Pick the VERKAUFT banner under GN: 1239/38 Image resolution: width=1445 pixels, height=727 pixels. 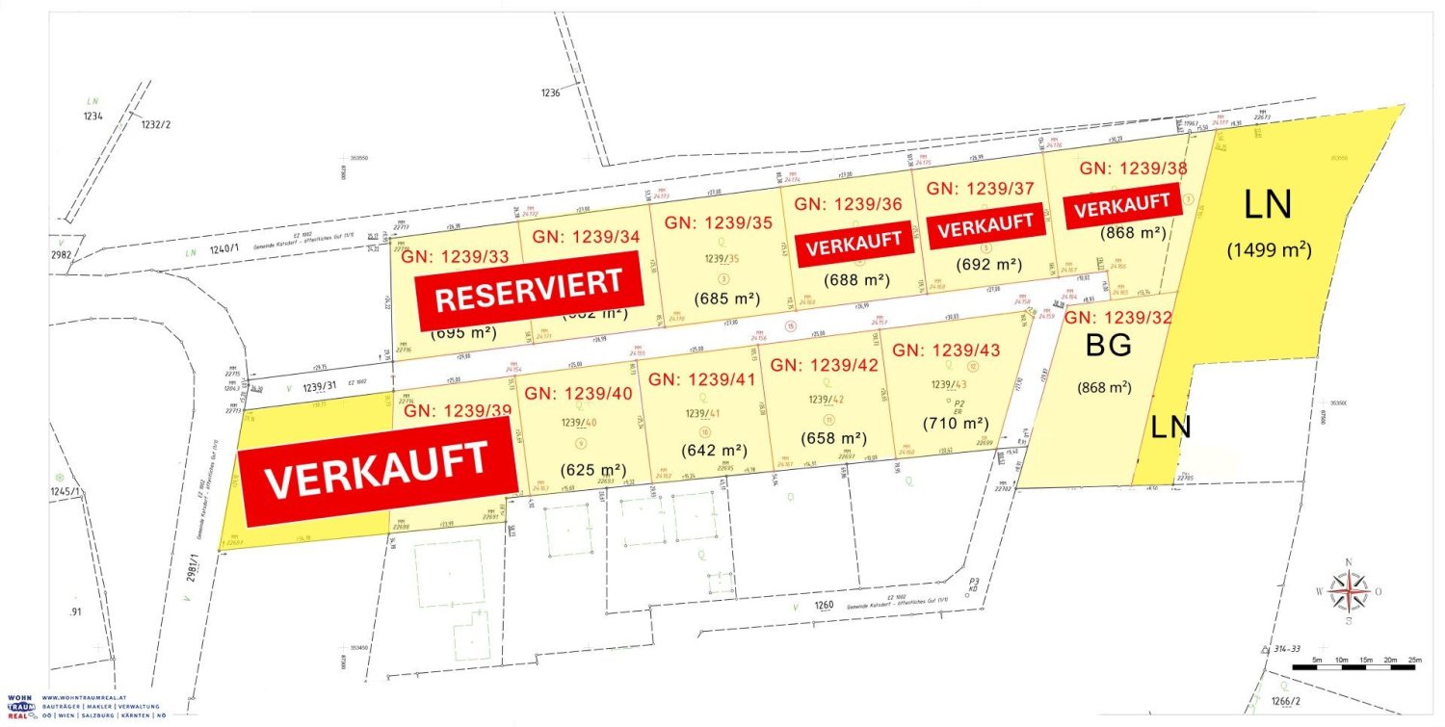pyautogui.click(x=1123, y=207)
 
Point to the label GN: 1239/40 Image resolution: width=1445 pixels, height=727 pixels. pyautogui.click(x=577, y=393)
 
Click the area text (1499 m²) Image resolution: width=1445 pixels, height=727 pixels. pyautogui.click(x=1269, y=249)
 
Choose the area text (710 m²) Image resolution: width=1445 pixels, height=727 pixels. pyautogui.click(x=956, y=423)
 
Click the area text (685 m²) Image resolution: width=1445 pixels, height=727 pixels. pyautogui.click(x=727, y=299)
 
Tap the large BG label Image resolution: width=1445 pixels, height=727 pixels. pyautogui.click(x=1108, y=347)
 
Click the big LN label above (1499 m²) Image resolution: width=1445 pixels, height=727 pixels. pyautogui.click(x=1267, y=205)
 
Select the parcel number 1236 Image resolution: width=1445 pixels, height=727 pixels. pyautogui.click(x=551, y=92)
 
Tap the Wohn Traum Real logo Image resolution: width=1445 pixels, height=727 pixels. pyautogui.click(x=17, y=707)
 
